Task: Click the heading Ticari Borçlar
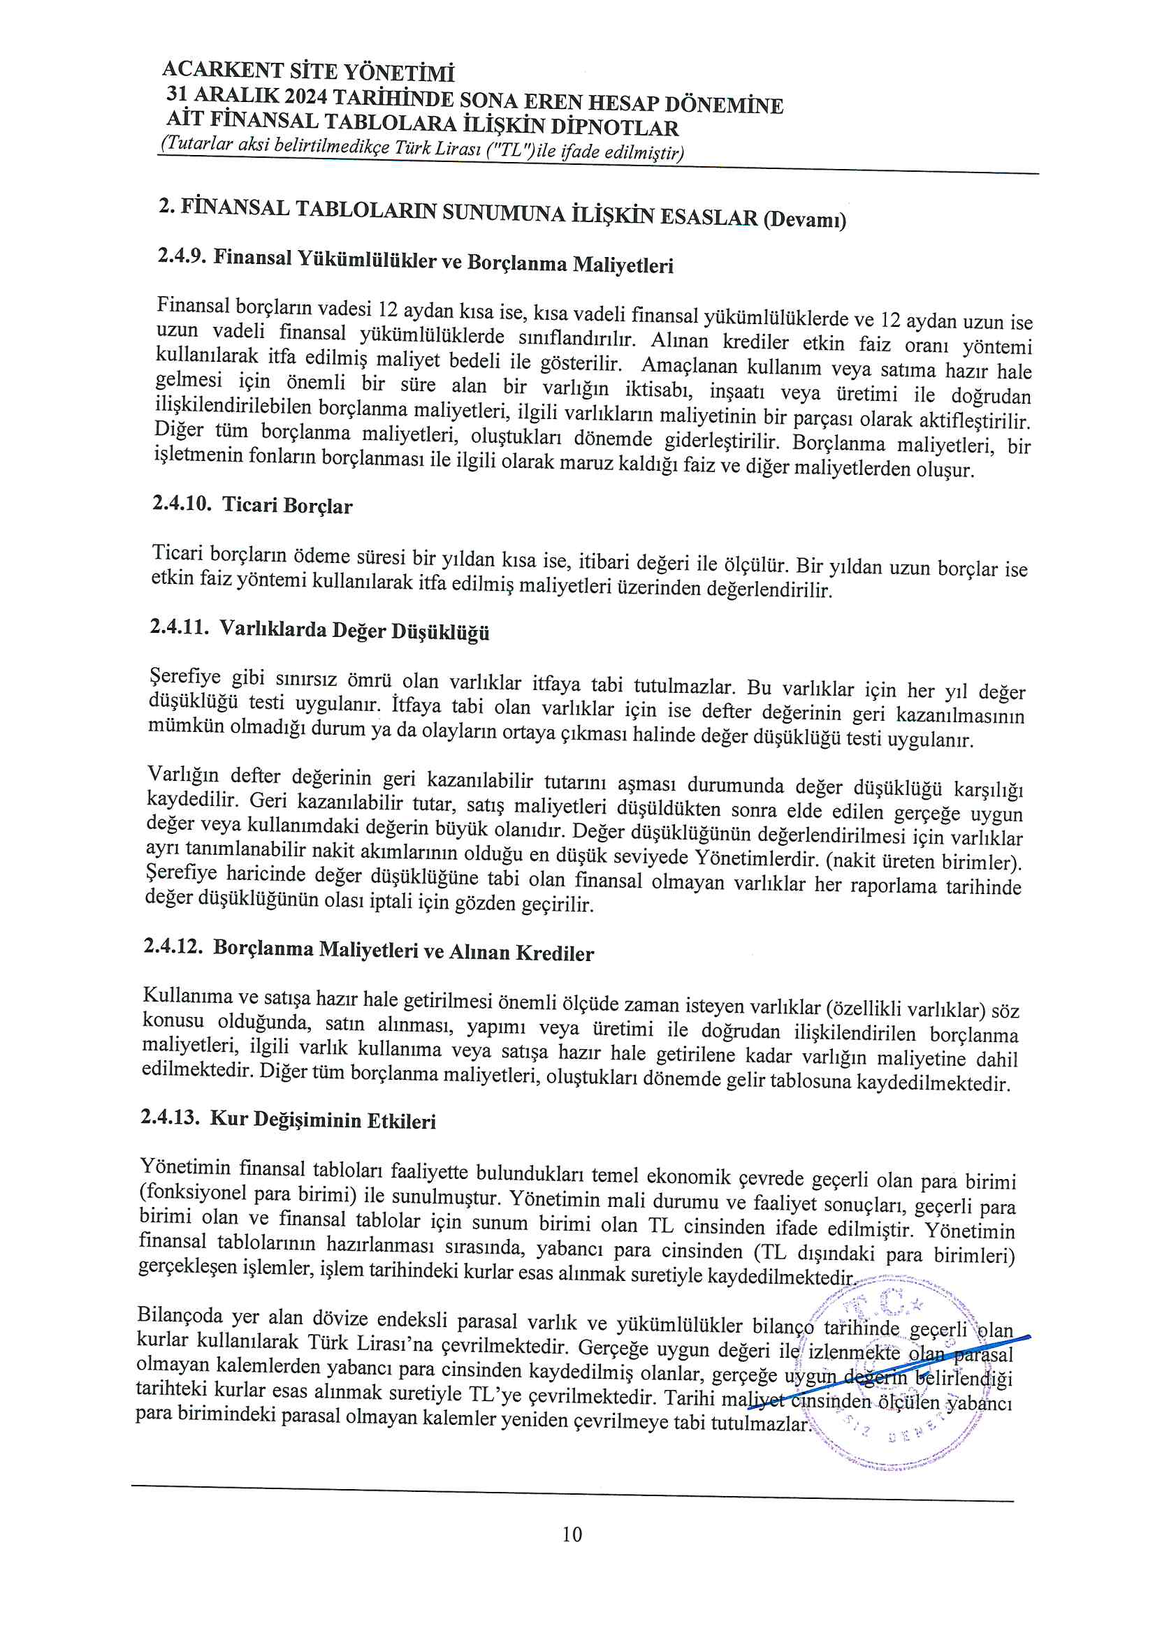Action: click(x=286, y=505)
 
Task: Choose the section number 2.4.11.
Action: click(x=180, y=627)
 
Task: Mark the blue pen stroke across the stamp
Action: click(x=889, y=1360)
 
